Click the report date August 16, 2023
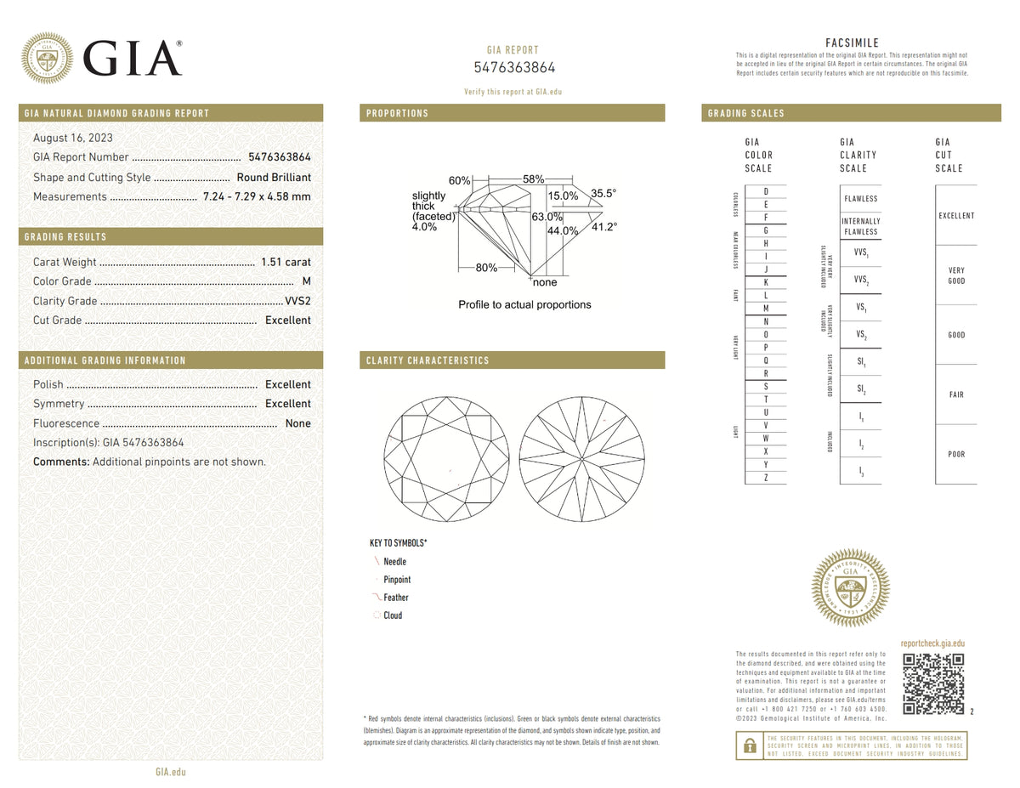point(73,138)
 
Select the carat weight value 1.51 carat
point(285,262)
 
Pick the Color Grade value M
point(306,281)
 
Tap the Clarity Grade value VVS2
point(297,301)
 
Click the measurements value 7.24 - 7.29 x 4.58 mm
point(257,196)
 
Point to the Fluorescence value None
point(297,423)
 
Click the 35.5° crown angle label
point(603,194)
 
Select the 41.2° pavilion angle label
point(603,227)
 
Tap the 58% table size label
point(534,179)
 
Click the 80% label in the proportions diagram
point(486,268)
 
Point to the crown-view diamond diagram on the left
point(446,459)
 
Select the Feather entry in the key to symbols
point(395,598)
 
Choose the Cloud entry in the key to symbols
point(392,615)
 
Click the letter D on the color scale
point(766,191)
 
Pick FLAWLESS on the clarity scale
point(860,199)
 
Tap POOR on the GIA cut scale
point(956,455)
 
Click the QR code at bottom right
point(932,684)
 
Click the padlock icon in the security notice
point(749,745)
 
